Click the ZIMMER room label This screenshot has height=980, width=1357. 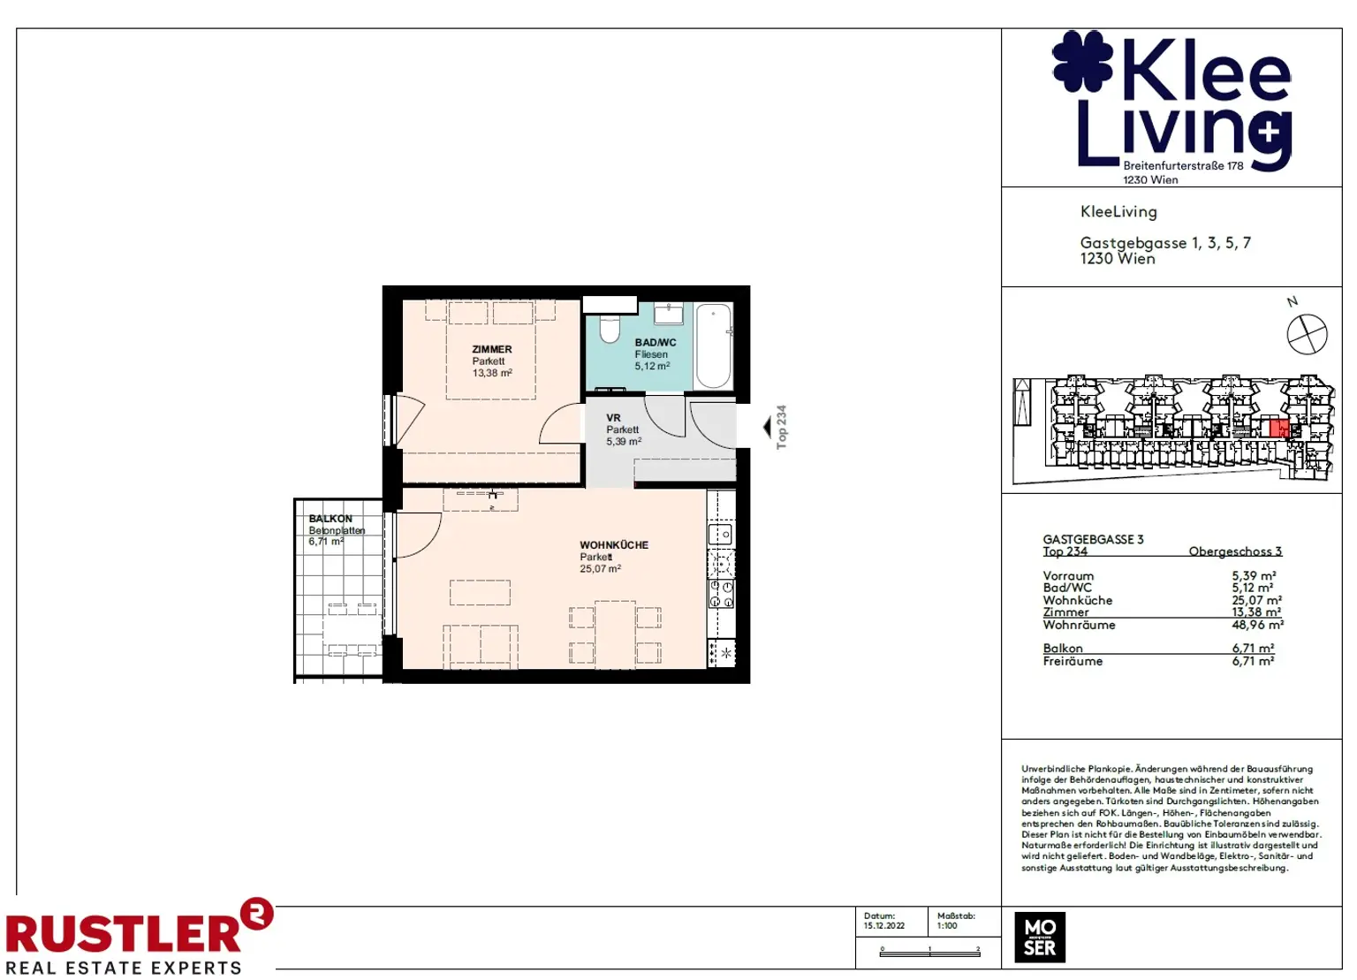point(491,349)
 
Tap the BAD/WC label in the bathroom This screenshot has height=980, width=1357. point(655,343)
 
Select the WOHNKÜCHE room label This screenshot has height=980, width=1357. point(613,545)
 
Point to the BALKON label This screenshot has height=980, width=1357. point(330,519)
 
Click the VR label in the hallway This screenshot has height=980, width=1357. point(613,418)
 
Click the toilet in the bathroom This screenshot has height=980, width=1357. point(610,328)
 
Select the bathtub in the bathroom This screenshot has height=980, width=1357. point(713,346)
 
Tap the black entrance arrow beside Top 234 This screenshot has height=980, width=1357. point(767,428)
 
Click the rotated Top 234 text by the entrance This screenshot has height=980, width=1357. point(781,428)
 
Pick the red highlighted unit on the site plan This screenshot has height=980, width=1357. point(1278,429)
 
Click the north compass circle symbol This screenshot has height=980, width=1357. point(1307,335)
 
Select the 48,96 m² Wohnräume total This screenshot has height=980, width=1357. point(1257,625)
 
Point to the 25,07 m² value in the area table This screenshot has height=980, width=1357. point(1256,600)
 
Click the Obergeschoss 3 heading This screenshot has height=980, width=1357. point(1234,551)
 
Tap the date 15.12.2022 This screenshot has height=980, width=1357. point(883,926)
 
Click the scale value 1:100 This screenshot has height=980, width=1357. point(947,926)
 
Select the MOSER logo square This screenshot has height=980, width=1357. point(1040,938)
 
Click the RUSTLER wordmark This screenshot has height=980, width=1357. point(124,934)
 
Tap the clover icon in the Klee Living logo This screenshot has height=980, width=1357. point(1082,61)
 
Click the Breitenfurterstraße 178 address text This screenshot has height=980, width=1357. point(1182,165)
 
